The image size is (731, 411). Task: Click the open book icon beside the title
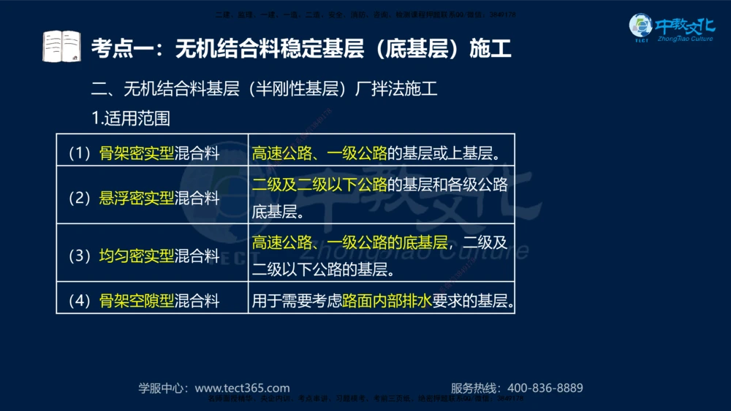pyautogui.click(x=61, y=47)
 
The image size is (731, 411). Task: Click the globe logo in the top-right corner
pyautogui.click(x=641, y=26)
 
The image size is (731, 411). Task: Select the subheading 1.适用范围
pyautogui.click(x=129, y=118)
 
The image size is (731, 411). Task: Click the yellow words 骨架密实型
pyautogui.click(x=137, y=153)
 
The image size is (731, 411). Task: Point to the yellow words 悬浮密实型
pyautogui.click(x=137, y=198)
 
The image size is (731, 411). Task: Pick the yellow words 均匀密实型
pyautogui.click(x=137, y=256)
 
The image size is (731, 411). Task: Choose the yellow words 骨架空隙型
pyautogui.click(x=137, y=300)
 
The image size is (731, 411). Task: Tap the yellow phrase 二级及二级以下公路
pyautogui.click(x=319, y=184)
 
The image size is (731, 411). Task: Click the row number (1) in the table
pyautogui.click(x=79, y=153)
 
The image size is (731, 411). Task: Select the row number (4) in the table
pyautogui.click(x=79, y=300)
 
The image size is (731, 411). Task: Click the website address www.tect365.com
pyautogui.click(x=242, y=388)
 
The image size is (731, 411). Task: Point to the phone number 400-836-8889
pyautogui.click(x=545, y=388)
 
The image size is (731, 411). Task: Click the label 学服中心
pyautogui.click(x=162, y=388)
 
